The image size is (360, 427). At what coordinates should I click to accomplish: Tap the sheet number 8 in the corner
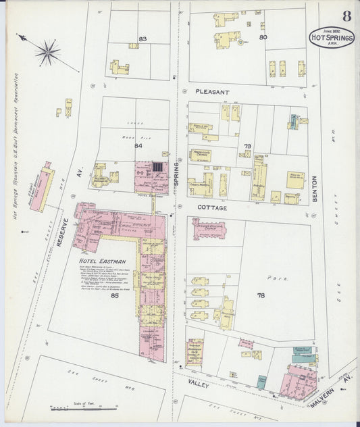[346, 16]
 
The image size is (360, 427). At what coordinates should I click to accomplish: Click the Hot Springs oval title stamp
[332, 39]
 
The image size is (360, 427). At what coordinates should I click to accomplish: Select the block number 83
[143, 39]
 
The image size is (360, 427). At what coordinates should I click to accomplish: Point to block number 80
[263, 37]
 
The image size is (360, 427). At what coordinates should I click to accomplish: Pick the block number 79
[247, 146]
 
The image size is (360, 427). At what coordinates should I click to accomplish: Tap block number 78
[261, 295]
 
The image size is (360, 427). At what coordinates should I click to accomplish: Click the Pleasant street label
[213, 91]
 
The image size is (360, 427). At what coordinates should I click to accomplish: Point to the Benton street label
[314, 191]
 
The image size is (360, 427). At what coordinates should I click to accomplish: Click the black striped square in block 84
[157, 167]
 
